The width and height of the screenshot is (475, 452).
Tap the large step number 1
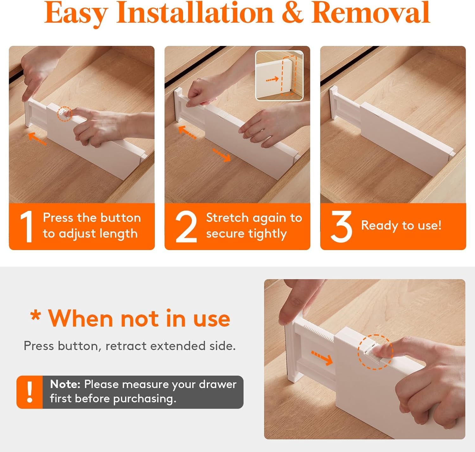click(27, 227)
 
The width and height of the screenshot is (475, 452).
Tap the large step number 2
click(186, 227)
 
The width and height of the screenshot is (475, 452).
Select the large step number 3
click(341, 227)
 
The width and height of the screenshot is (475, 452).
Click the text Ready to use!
click(401, 225)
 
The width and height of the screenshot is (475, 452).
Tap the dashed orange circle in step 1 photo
click(65, 114)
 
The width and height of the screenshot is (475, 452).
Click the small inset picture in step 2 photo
click(279, 75)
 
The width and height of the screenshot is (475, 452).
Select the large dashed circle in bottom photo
click(375, 352)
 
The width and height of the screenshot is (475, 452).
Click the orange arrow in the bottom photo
click(322, 358)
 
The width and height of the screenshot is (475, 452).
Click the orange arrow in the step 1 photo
click(37, 139)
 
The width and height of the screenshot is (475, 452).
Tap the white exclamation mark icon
click(30, 392)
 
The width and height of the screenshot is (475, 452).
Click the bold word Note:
click(65, 384)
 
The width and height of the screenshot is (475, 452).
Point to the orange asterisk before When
click(35, 316)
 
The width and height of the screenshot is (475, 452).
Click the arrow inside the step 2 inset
click(272, 79)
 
